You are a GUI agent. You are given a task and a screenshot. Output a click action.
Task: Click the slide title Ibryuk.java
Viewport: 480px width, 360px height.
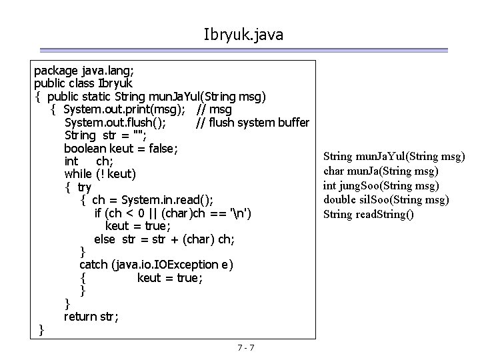(x=243, y=34)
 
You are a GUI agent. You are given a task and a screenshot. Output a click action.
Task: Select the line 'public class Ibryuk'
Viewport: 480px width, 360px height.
(x=83, y=83)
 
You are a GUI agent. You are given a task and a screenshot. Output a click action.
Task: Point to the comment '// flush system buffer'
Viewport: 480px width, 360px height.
(x=253, y=123)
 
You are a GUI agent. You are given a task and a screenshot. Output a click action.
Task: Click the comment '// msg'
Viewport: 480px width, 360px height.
(x=214, y=109)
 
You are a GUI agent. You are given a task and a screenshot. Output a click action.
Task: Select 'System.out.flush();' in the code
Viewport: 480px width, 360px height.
(x=115, y=123)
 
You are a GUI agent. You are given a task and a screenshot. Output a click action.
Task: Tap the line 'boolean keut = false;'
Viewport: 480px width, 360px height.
(x=121, y=148)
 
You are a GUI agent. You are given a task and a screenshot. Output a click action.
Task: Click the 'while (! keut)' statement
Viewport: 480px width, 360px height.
(x=100, y=174)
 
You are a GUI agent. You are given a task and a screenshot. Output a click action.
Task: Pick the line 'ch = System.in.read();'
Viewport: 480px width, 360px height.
(x=153, y=200)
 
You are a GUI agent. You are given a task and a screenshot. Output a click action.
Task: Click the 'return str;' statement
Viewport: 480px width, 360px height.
(x=91, y=317)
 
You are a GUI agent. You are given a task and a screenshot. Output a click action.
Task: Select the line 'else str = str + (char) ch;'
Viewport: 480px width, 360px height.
(x=164, y=239)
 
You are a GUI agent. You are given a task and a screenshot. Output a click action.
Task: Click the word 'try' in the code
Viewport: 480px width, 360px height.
(x=84, y=187)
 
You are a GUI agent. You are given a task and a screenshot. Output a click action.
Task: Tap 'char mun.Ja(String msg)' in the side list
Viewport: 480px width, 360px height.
(x=381, y=171)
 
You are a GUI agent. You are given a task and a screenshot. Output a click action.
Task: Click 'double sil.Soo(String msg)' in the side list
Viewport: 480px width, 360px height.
(x=386, y=199)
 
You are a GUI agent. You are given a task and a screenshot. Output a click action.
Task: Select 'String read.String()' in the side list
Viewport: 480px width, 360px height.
(x=368, y=214)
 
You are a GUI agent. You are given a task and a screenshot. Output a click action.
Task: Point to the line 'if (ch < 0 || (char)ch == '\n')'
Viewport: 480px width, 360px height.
(x=173, y=213)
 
